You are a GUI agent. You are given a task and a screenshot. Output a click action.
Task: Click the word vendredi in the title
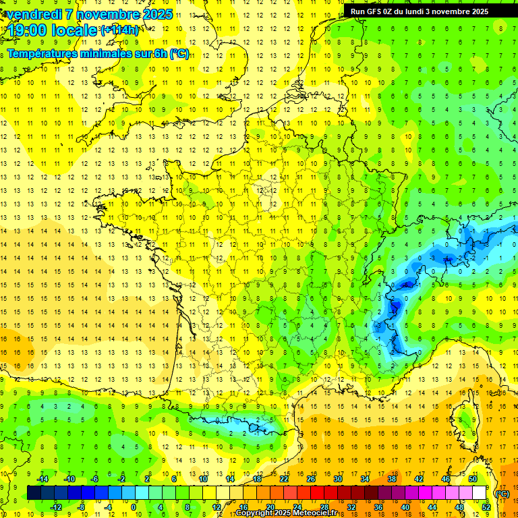pyautogui.click(x=33, y=14)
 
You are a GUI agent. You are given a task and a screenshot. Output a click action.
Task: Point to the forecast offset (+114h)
pyautogui.click(x=119, y=30)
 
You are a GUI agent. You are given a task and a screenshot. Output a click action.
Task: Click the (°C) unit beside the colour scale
pyautogui.click(x=502, y=493)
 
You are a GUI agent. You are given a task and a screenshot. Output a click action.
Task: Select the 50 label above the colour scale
pyautogui.click(x=473, y=479)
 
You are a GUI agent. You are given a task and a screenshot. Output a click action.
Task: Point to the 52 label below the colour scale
pyautogui.click(x=486, y=507)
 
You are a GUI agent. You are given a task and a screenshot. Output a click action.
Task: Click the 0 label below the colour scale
pyautogui.click(x=134, y=507)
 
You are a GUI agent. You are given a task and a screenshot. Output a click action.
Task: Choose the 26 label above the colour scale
pyautogui.click(x=311, y=479)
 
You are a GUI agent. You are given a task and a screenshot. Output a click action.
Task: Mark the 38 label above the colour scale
pyautogui.click(x=392, y=479)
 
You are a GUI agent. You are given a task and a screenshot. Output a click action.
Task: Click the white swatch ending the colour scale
pyautogui.click(x=480, y=493)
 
